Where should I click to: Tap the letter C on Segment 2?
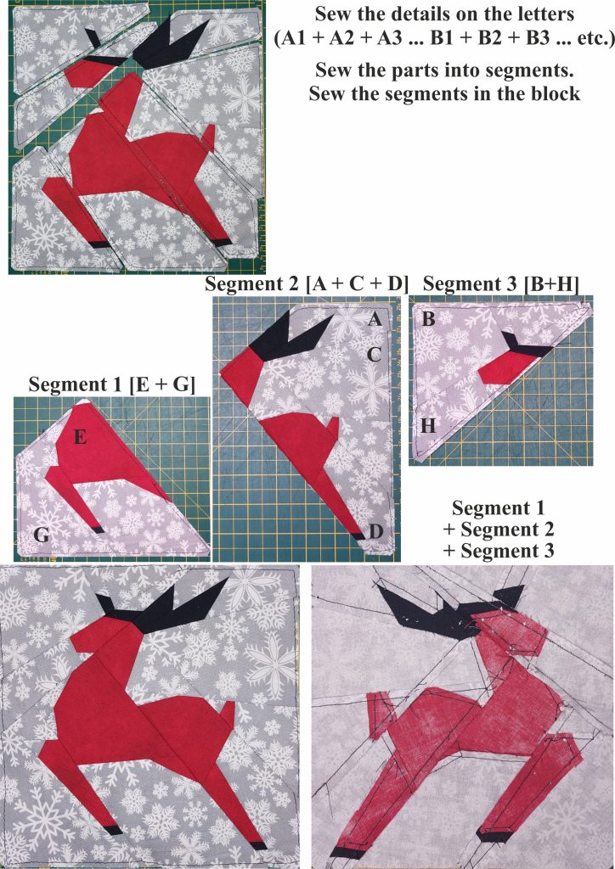coord(374,355)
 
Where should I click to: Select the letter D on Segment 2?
coord(375,531)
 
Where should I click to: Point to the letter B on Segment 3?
coord(429,320)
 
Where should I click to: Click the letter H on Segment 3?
coord(428,426)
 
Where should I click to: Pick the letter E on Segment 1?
coord(80,437)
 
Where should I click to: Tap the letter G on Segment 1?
coord(39,534)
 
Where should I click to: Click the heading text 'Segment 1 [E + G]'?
coord(111,384)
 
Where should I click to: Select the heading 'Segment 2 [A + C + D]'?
coord(307,283)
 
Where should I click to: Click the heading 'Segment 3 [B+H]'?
coord(500,283)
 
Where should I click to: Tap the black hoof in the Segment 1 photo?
coord(99,530)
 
